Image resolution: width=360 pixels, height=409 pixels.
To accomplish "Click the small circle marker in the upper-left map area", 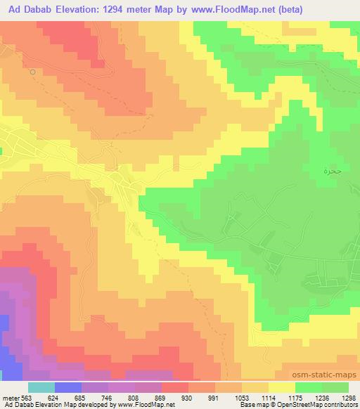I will coord(32,72).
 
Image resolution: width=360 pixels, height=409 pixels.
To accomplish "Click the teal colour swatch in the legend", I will coord(40,387).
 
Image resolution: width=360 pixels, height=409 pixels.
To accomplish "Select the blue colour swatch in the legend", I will coord(67,387).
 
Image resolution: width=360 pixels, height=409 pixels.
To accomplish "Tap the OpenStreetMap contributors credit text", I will coord(320,405).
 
